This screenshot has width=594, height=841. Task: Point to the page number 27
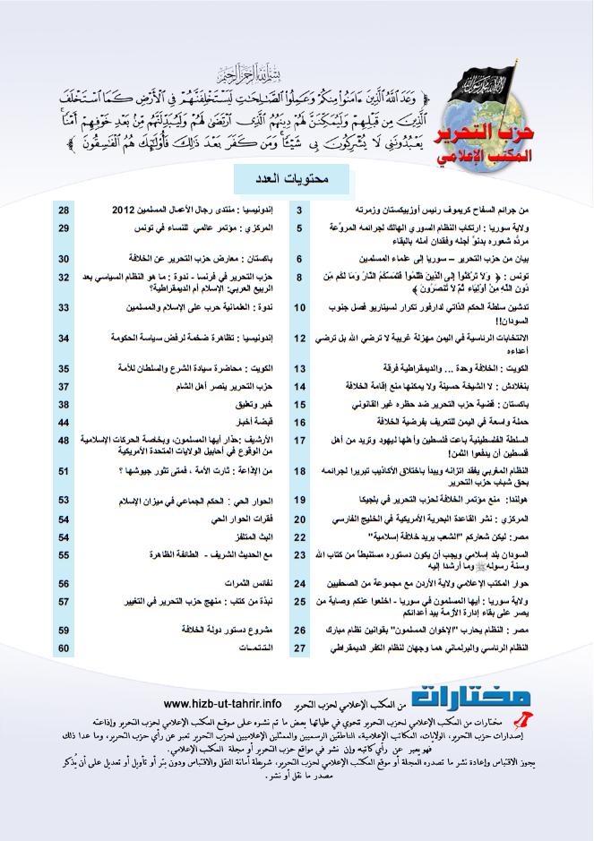point(299,648)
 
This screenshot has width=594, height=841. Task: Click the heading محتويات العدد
point(297,178)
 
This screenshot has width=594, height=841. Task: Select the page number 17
point(299,440)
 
